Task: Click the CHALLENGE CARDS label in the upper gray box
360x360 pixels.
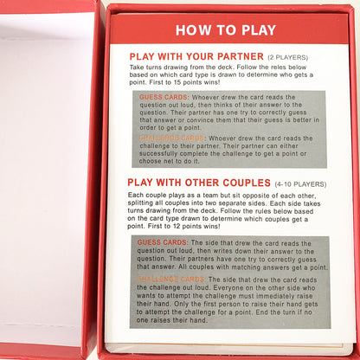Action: (x=170, y=138)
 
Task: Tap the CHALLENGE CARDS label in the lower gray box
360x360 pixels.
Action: (x=170, y=280)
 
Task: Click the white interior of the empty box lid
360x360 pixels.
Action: (x=48, y=173)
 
